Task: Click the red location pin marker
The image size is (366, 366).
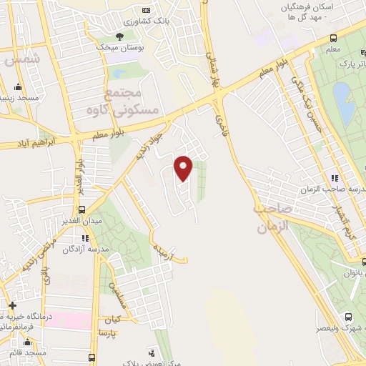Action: click(x=184, y=167)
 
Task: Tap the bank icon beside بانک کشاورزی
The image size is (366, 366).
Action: click(x=147, y=11)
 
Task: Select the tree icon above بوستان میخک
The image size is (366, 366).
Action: click(x=119, y=35)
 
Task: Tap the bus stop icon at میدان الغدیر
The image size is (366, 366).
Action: click(x=82, y=210)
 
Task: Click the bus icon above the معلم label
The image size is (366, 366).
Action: click(x=334, y=39)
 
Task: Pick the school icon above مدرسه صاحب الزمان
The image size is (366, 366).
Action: click(x=334, y=178)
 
